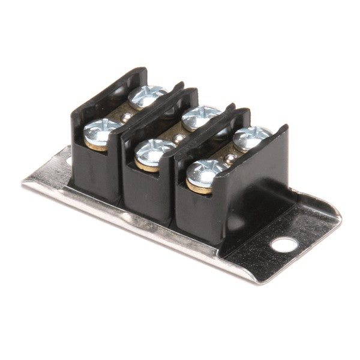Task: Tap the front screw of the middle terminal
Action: click(x=154, y=152)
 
